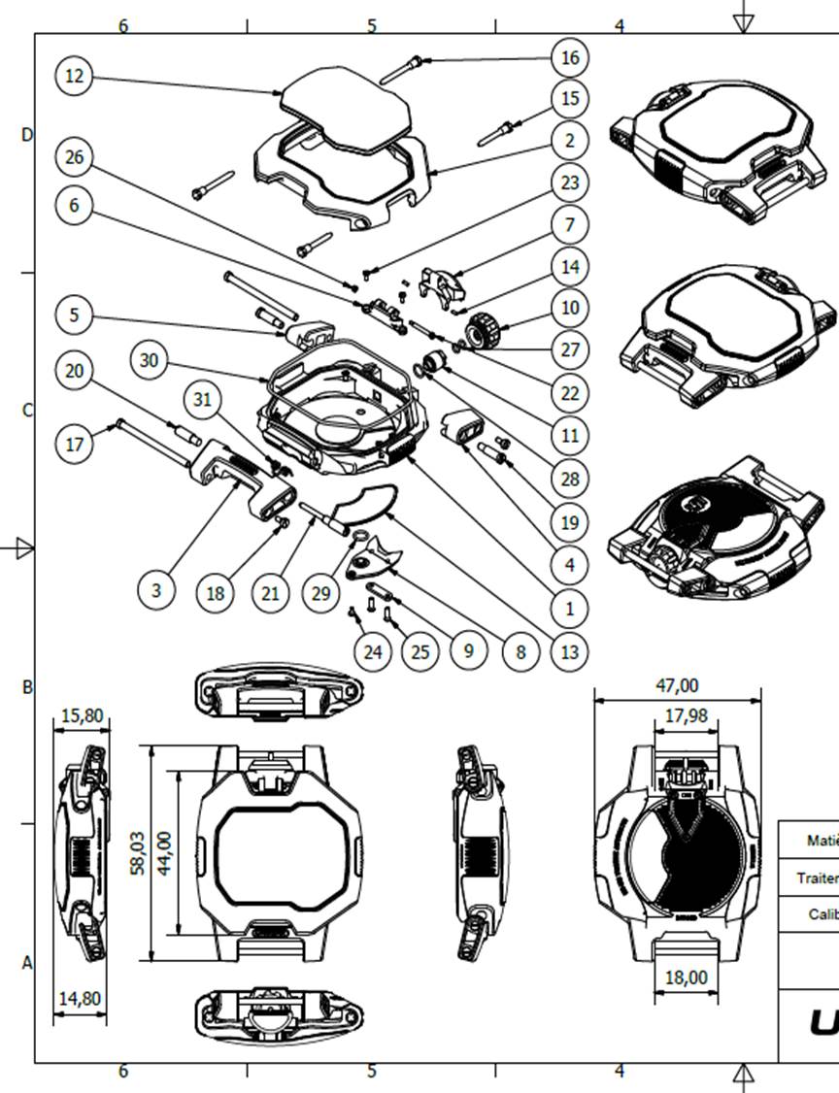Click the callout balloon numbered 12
[75, 76]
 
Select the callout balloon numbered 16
[569, 57]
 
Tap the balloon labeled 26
[75, 155]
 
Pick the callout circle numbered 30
[149, 360]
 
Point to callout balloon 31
[202, 399]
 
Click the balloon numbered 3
[156, 589]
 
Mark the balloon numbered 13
[569, 651]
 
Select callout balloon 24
[373, 651]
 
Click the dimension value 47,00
[677, 685]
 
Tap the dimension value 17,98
[686, 716]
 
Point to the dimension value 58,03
[140, 853]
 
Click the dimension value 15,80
[82, 716]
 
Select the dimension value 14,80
[80, 997]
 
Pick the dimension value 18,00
[686, 977]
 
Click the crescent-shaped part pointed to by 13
[361, 504]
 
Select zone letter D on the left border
[26, 135]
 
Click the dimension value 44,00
[165, 853]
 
